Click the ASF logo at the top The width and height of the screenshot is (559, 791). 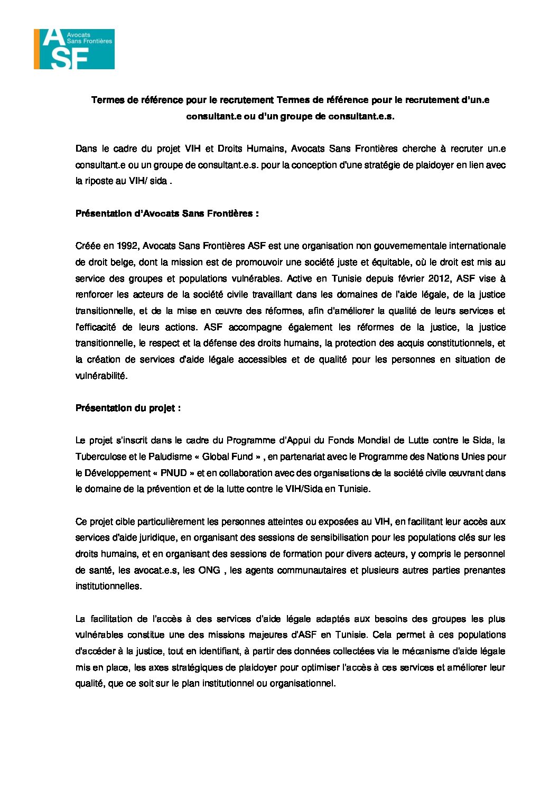pyautogui.click(x=74, y=49)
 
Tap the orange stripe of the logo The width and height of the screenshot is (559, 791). pyautogui.click(x=36, y=49)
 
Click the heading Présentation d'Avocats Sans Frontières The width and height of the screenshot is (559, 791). pyautogui.click(x=167, y=213)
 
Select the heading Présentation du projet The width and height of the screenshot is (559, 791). pyautogui.click(x=128, y=408)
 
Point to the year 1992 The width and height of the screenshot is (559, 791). pyautogui.click(x=128, y=246)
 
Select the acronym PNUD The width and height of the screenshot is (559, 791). pyautogui.click(x=173, y=473)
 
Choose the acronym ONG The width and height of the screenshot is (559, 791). pyautogui.click(x=209, y=570)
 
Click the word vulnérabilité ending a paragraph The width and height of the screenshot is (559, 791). pyautogui.click(x=101, y=376)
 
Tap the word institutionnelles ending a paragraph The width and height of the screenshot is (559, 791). pyautogui.click(x=108, y=586)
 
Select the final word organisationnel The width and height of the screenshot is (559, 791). pyautogui.click(x=302, y=683)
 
